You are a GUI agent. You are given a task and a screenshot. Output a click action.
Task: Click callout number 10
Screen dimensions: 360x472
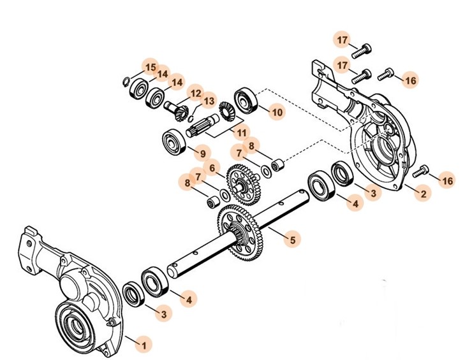tap(276, 112)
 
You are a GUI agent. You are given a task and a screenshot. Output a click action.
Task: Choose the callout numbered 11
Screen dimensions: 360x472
tap(241, 133)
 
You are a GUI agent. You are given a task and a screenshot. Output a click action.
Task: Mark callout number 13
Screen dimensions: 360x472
tap(209, 101)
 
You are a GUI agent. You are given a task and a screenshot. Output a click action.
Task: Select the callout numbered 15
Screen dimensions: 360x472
tap(150, 68)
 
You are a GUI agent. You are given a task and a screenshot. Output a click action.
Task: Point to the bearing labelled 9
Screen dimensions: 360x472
tap(172, 142)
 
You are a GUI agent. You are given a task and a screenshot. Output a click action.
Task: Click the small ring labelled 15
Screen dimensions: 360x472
tap(126, 80)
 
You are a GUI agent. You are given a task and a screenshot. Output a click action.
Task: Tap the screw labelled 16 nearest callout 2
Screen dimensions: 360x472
tap(422, 171)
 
